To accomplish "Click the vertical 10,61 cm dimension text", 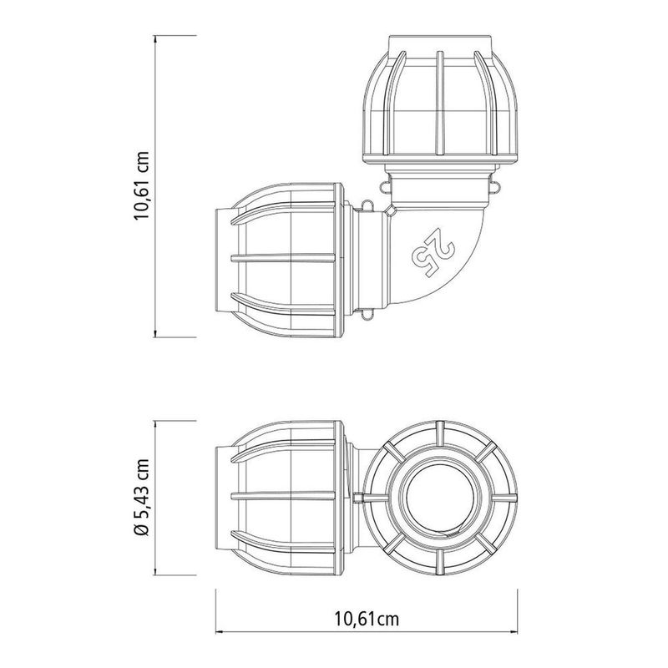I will click(x=144, y=185).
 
